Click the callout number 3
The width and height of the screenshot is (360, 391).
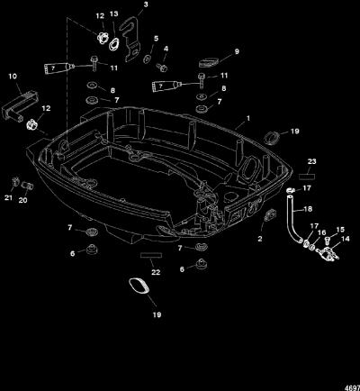(x=146, y=5)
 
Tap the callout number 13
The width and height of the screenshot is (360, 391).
(x=114, y=14)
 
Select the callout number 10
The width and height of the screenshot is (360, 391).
(x=13, y=77)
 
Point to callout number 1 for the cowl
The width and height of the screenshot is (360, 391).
(x=248, y=118)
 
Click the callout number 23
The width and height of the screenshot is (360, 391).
(x=312, y=161)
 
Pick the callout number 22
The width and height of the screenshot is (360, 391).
(x=156, y=272)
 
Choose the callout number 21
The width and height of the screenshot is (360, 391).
(x=8, y=197)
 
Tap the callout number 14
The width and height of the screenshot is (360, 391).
(x=346, y=239)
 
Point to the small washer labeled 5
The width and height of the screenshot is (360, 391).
(x=148, y=59)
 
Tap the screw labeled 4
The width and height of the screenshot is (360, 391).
(x=162, y=68)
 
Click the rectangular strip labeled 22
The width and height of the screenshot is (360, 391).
(x=151, y=255)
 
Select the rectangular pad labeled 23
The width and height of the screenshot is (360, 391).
(x=307, y=176)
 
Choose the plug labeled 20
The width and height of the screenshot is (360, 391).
(x=27, y=186)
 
